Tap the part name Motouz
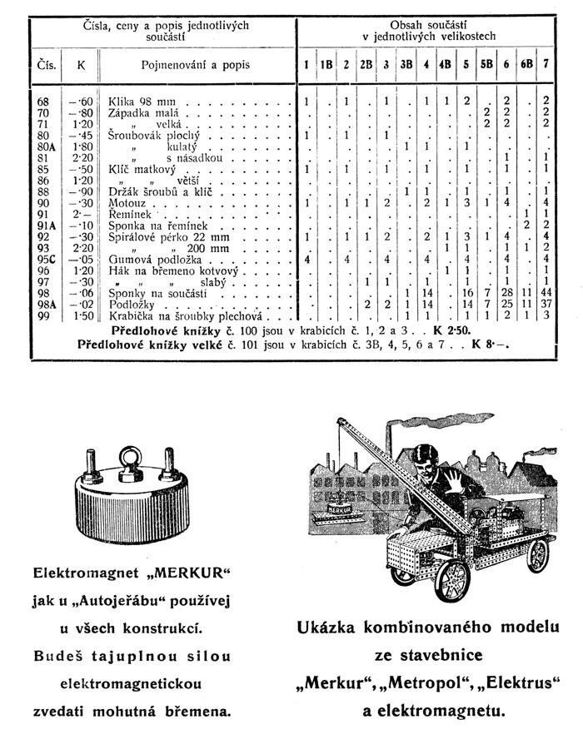point(127,202)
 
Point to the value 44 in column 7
point(546,293)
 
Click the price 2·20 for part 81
point(81,157)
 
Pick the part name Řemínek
point(129,214)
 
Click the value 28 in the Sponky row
point(506,293)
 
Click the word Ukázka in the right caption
point(336,629)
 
